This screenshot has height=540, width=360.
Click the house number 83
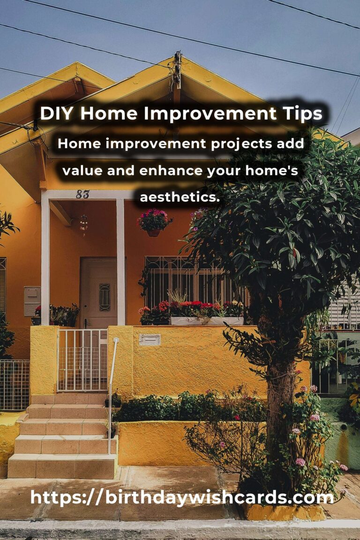[x=82, y=195]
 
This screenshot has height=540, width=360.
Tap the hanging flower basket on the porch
[x=154, y=223]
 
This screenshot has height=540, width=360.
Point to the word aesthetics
[x=180, y=197]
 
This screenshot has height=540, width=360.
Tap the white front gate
[x=82, y=360]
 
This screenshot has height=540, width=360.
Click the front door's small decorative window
[x=105, y=297]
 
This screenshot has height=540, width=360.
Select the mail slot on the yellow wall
[x=150, y=340]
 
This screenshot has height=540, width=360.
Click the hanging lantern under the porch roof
[x=83, y=224]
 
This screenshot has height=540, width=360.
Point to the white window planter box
[x=207, y=321]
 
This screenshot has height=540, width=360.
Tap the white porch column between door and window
[x=120, y=262]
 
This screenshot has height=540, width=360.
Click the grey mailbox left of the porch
[x=32, y=301]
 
